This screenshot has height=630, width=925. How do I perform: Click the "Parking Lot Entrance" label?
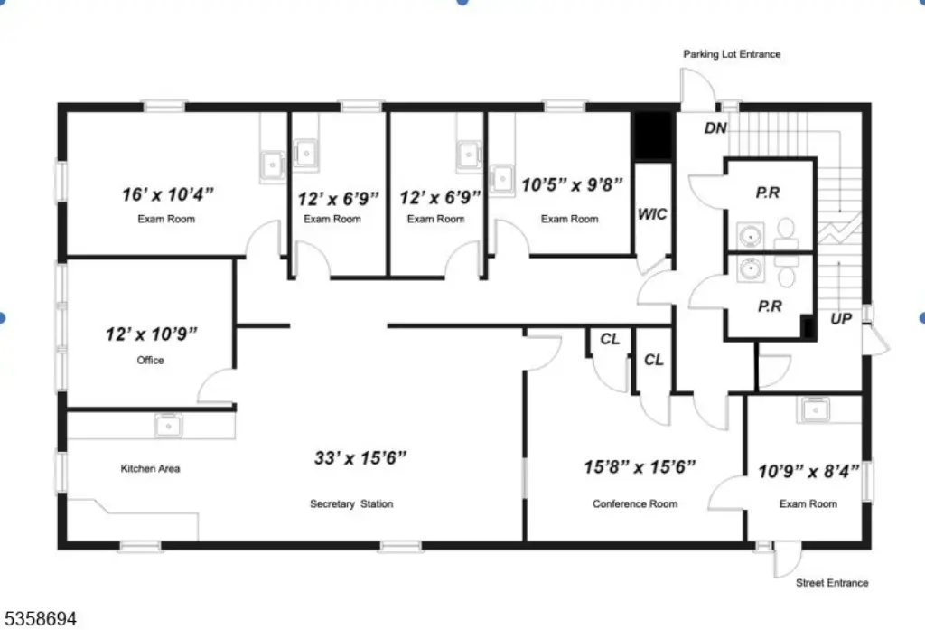[x=732, y=54]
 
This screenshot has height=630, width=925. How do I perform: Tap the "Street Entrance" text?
[x=832, y=583]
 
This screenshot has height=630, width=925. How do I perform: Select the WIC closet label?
[x=652, y=214]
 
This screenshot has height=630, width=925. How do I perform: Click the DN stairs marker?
[x=715, y=128]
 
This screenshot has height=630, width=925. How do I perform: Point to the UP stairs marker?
[x=841, y=319]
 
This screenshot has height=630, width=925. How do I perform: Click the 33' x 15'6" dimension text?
[x=360, y=457]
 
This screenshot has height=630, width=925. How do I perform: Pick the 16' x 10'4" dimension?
[x=167, y=194]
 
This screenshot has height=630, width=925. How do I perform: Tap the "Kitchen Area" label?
[x=151, y=469]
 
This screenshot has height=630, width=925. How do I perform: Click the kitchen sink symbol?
[x=168, y=425]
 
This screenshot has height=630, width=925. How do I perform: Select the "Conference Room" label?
[x=635, y=504]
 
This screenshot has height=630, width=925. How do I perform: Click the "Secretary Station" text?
[x=351, y=504]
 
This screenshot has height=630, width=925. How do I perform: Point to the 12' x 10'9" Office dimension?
[x=152, y=334]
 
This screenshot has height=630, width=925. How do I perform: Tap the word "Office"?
[x=151, y=360]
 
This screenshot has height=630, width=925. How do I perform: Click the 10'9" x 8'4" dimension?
[x=808, y=471]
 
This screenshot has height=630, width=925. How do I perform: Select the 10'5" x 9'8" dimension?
[x=572, y=184]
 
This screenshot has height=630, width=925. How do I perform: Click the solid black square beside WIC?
[x=653, y=136]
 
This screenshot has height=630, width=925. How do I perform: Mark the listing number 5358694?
[x=39, y=619]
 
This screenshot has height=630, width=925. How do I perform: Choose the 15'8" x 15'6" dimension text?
[x=640, y=467]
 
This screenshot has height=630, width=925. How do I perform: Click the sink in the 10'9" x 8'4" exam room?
[x=814, y=409]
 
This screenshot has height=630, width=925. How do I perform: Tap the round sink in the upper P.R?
[x=751, y=236]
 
